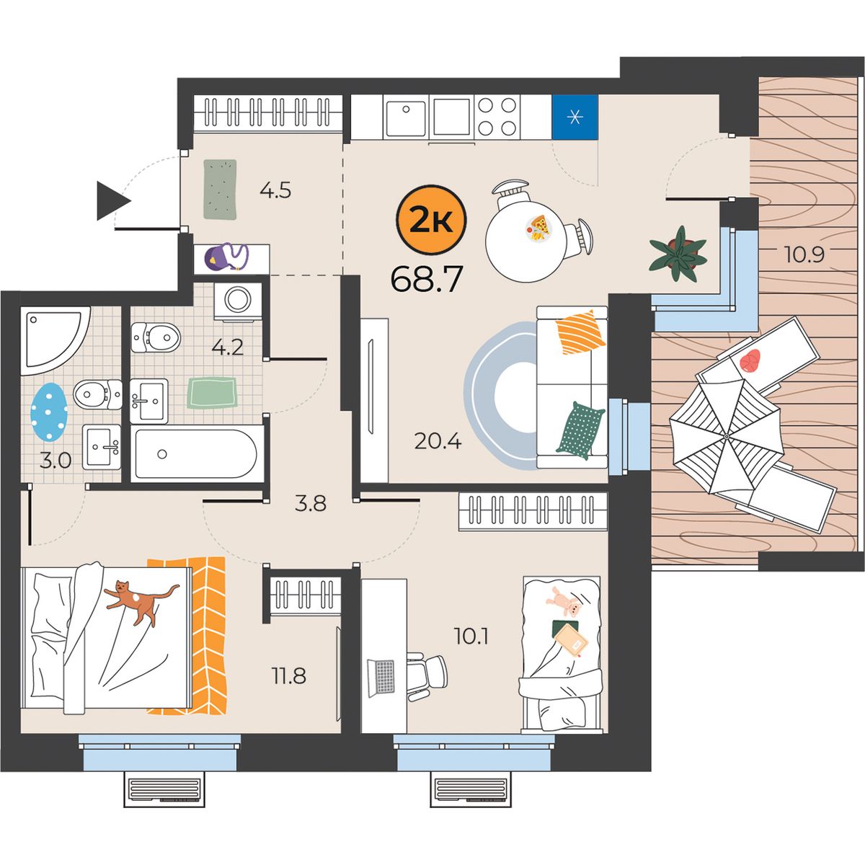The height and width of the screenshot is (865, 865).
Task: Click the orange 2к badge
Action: [x=431, y=220]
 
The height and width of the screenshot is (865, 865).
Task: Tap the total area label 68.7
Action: [x=427, y=279]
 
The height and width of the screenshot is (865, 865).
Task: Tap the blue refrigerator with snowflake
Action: [x=575, y=117]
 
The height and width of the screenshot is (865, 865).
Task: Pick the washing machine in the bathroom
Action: [x=238, y=301]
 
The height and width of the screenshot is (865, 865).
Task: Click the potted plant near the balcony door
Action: [x=678, y=254]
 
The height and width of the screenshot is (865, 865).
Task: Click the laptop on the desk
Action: [x=381, y=678]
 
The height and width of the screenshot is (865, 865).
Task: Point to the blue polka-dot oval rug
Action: [x=49, y=412]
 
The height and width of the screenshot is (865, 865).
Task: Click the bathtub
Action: [x=198, y=454]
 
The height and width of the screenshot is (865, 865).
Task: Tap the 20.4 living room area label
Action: [x=438, y=441]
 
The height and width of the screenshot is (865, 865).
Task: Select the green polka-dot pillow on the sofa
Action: [x=580, y=430]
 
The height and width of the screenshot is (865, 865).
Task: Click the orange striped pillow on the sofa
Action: [x=580, y=332]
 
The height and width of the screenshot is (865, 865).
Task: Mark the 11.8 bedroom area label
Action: [x=288, y=675]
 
